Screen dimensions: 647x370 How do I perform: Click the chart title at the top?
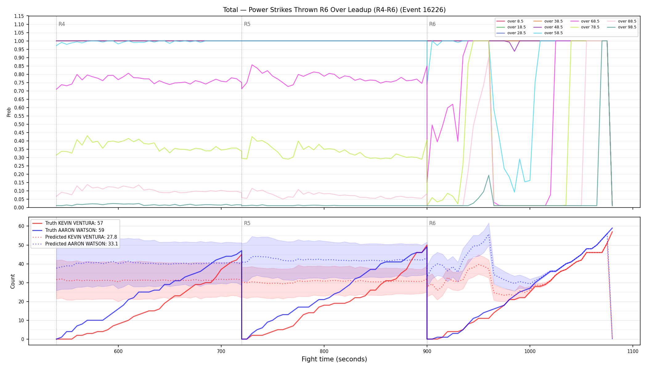coord(334,10)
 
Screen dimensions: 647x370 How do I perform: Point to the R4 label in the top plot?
coord(62,24)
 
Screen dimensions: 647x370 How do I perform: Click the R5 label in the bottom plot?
coord(247,223)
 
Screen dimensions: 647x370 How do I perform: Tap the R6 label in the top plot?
coord(432,24)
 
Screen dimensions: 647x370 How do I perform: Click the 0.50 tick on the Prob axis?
coord(19,124)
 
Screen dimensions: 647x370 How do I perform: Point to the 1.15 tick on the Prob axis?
coord(19,16)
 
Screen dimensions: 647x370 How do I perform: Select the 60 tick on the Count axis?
coord(21,226)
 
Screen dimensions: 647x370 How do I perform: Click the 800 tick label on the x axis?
coord(324,351)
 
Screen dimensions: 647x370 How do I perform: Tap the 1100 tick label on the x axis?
coord(633,351)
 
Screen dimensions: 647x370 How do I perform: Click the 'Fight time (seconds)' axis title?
coord(334,359)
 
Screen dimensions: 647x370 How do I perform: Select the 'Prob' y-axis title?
coord(9,112)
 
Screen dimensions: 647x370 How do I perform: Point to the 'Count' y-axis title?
coord(13,281)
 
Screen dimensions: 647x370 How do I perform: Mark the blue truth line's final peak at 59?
coord(612,228)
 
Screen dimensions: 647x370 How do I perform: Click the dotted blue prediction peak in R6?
coord(489,234)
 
